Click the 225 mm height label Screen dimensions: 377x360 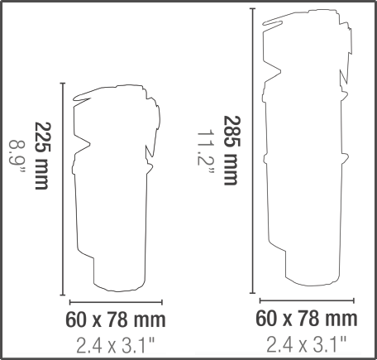[43, 156]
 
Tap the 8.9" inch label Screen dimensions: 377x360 [17, 157]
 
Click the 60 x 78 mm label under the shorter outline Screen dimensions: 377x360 [116, 319]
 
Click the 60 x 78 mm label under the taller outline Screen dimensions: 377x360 [307, 318]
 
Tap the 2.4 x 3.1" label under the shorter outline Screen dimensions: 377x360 [115, 345]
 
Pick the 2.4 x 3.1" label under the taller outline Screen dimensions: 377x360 [306, 344]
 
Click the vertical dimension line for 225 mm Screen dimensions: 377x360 [63, 189]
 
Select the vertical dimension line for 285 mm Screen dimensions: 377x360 [253, 151]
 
